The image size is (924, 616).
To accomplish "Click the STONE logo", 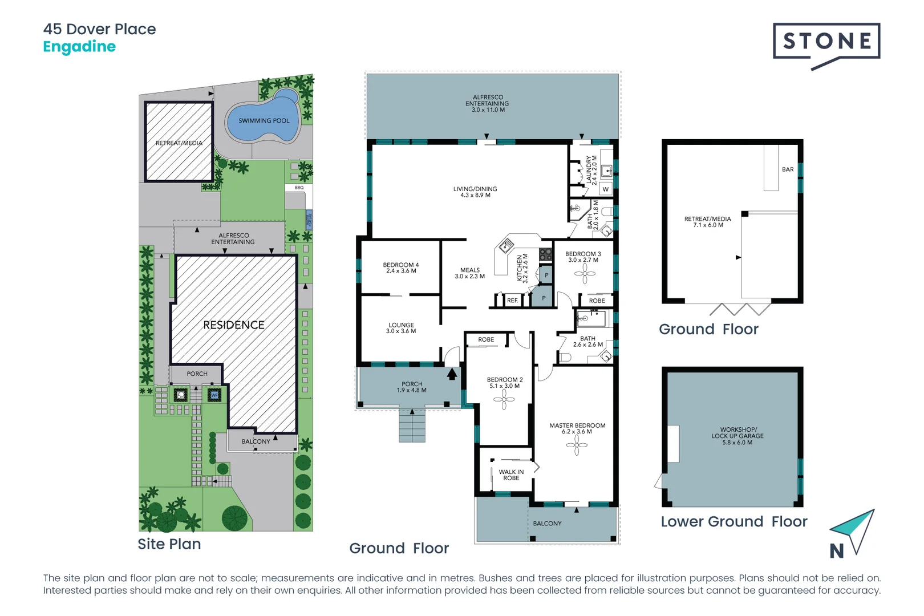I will pyautogui.click(x=826, y=42).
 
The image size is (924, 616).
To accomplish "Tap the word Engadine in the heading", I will pyautogui.click(x=79, y=47).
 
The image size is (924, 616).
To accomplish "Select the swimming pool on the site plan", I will pyautogui.click(x=264, y=120).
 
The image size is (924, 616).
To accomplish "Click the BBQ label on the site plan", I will pyautogui.click(x=299, y=188).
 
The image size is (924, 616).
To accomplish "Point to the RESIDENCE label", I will pyautogui.click(x=234, y=325).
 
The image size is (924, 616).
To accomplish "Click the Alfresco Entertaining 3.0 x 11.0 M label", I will pyautogui.click(x=488, y=103).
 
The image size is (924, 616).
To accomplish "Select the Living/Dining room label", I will pyautogui.click(x=475, y=192).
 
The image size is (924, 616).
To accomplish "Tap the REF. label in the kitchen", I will pyautogui.click(x=512, y=301).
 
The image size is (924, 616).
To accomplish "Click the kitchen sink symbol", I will pyautogui.click(x=506, y=246).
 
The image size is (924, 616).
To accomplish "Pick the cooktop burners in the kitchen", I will pyautogui.click(x=545, y=254).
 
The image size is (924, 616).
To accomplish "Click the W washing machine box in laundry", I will pyautogui.click(x=605, y=189).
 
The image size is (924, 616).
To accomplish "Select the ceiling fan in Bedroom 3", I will pyautogui.click(x=585, y=274).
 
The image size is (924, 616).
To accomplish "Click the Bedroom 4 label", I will pyautogui.click(x=401, y=268).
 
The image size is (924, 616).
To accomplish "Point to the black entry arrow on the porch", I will pyautogui.click(x=452, y=374).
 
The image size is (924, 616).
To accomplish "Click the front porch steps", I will pyautogui.click(x=412, y=426).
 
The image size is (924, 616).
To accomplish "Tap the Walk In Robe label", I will pyautogui.click(x=511, y=475).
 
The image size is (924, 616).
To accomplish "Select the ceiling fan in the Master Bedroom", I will pyautogui.click(x=577, y=445).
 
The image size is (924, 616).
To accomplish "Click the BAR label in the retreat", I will pyautogui.click(x=788, y=169).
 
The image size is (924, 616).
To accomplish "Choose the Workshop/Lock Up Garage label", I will pyautogui.click(x=738, y=436).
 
